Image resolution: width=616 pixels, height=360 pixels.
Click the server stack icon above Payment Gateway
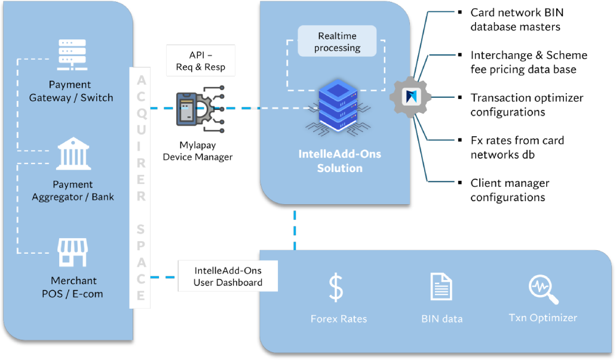coord(72,54)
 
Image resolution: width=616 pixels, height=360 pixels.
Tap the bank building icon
coord(73,153)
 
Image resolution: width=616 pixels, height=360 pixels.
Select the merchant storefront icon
coord(72,253)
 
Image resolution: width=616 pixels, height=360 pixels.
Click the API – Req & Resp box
coord(201,60)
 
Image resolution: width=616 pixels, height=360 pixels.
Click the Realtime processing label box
coord(337,41)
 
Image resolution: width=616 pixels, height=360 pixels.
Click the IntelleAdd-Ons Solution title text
coord(340,161)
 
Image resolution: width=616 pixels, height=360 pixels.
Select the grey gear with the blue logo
coord(410,97)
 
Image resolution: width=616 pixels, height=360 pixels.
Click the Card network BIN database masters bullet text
coord(517,20)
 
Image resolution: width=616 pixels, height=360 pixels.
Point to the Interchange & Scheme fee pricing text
coord(529,62)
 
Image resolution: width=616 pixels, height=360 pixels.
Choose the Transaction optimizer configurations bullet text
coord(527,105)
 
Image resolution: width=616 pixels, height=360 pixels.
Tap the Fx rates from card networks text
coord(517,147)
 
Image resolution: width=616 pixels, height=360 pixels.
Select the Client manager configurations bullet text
coord(510,190)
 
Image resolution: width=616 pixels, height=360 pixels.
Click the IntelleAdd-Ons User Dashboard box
coord(228,276)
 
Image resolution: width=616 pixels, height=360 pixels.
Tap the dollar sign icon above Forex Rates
coord(336,288)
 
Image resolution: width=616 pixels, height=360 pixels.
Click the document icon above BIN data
coord(441,287)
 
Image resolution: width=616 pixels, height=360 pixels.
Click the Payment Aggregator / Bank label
coord(73,190)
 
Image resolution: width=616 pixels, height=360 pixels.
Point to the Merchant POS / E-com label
coord(73,287)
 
